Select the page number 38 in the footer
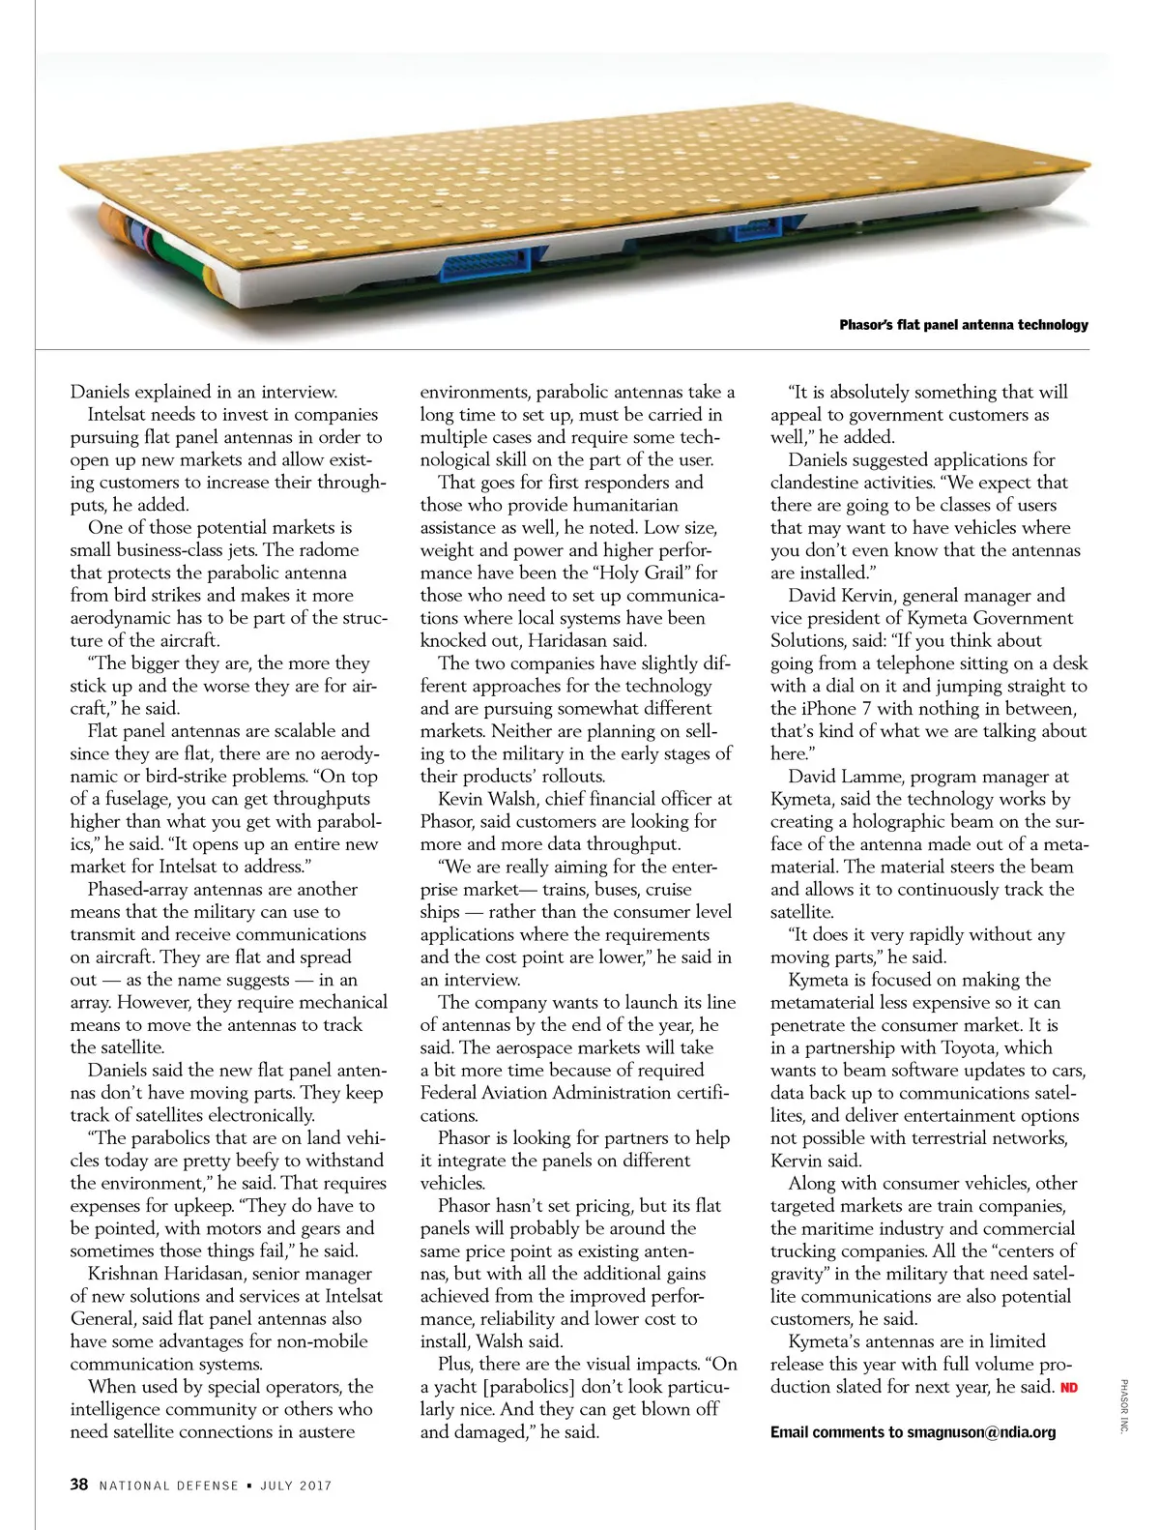pos(79,1485)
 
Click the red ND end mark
pos(1069,1388)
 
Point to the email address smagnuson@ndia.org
pos(981,1432)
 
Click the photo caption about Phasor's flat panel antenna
pos(963,325)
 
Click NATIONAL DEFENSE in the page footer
pos(168,1486)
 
